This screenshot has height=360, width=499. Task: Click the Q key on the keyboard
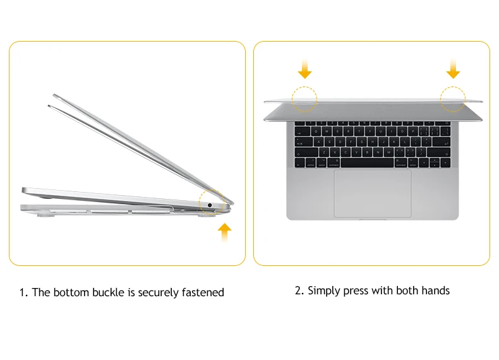(x=316, y=131)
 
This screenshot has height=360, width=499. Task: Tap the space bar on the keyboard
(x=367, y=163)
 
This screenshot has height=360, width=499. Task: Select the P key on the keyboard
(x=413, y=131)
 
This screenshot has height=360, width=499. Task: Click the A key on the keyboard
(x=318, y=142)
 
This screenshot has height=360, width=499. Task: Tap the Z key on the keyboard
(x=324, y=152)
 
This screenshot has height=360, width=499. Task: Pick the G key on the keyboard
(x=362, y=142)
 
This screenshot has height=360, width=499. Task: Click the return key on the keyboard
(x=442, y=142)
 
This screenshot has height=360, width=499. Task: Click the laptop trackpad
(x=372, y=193)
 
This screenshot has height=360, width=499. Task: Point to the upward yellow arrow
(x=225, y=232)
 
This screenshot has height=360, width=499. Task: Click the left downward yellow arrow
(x=304, y=69)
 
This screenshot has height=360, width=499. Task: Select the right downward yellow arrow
(x=453, y=69)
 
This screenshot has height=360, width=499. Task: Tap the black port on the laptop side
(x=210, y=205)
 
